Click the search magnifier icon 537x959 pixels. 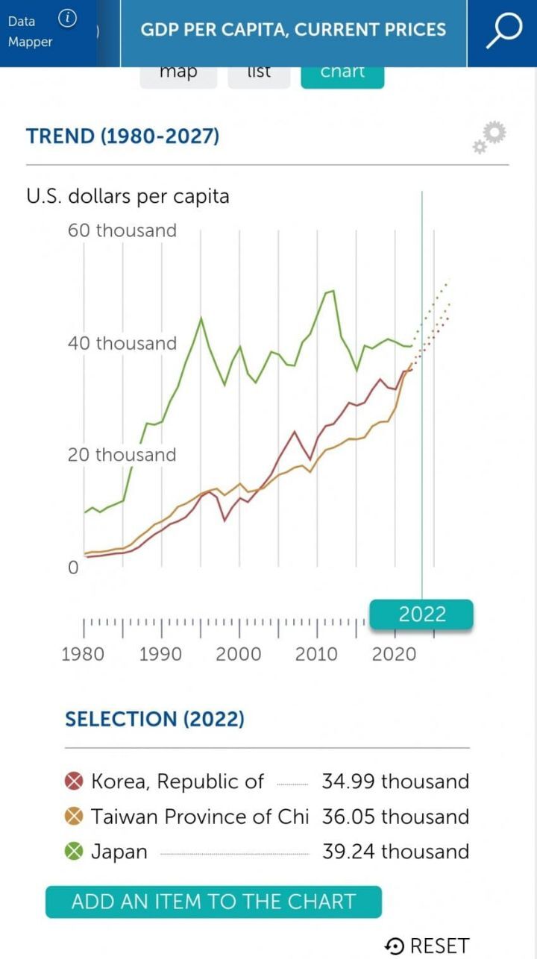click(504, 31)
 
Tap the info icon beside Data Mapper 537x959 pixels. click(67, 19)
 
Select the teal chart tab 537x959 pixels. click(342, 74)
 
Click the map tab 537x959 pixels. click(178, 74)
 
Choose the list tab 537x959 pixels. click(259, 74)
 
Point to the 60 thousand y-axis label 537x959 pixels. click(122, 230)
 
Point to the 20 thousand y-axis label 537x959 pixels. click(122, 455)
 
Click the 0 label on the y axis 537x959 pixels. click(73, 568)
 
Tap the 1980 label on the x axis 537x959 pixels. click(83, 654)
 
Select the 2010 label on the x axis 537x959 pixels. click(316, 654)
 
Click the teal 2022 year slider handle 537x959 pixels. click(422, 614)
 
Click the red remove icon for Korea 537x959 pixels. click(74, 782)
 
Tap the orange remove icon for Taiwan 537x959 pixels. click(74, 817)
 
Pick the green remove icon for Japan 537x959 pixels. click(74, 852)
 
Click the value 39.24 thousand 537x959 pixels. click(395, 852)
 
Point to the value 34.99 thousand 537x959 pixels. click(395, 782)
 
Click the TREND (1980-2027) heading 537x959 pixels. click(123, 136)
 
